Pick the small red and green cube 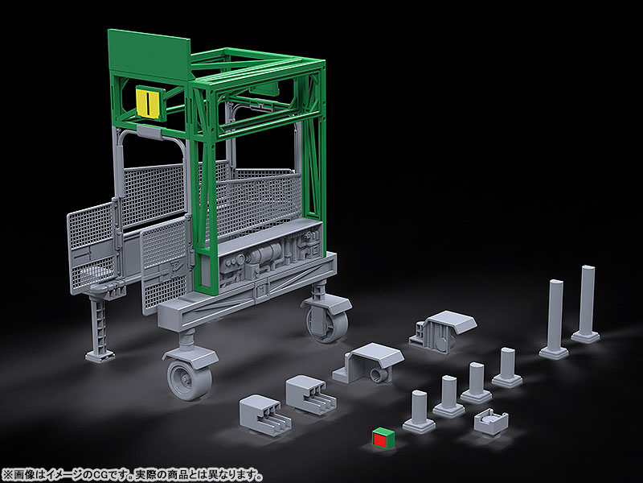coord(383,438)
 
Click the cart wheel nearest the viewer coord(190,378)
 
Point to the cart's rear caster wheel coord(328,323)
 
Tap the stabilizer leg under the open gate coord(100,328)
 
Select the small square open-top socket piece coord(491,421)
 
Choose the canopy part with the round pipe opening coord(368,363)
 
